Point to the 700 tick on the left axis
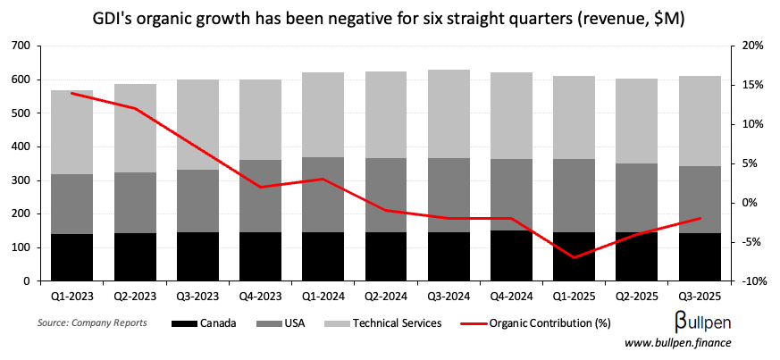(x=19, y=46)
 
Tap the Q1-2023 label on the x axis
(x=72, y=294)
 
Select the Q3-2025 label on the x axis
(x=700, y=294)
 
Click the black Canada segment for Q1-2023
(x=72, y=257)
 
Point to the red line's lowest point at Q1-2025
(x=575, y=257)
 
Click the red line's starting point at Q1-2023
(x=72, y=93)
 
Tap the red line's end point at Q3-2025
(x=700, y=218)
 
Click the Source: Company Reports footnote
(x=92, y=322)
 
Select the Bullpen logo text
(x=705, y=322)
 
